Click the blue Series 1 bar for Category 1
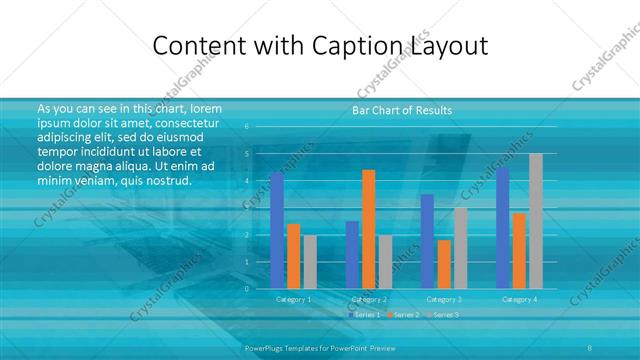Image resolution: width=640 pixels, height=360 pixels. point(277,230)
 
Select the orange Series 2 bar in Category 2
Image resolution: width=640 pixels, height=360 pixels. point(369,229)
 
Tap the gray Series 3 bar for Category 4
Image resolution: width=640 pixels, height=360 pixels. point(536,221)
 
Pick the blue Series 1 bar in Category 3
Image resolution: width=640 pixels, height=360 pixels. point(428,241)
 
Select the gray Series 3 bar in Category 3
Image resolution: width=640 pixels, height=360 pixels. point(461,247)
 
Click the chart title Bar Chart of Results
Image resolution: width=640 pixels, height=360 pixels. point(402,110)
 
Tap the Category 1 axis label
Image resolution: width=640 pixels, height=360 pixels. point(294,299)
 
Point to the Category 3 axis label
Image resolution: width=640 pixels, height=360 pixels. point(444,299)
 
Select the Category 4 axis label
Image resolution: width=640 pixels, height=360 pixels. point(519,299)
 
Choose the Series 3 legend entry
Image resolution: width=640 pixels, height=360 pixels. point(444,315)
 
